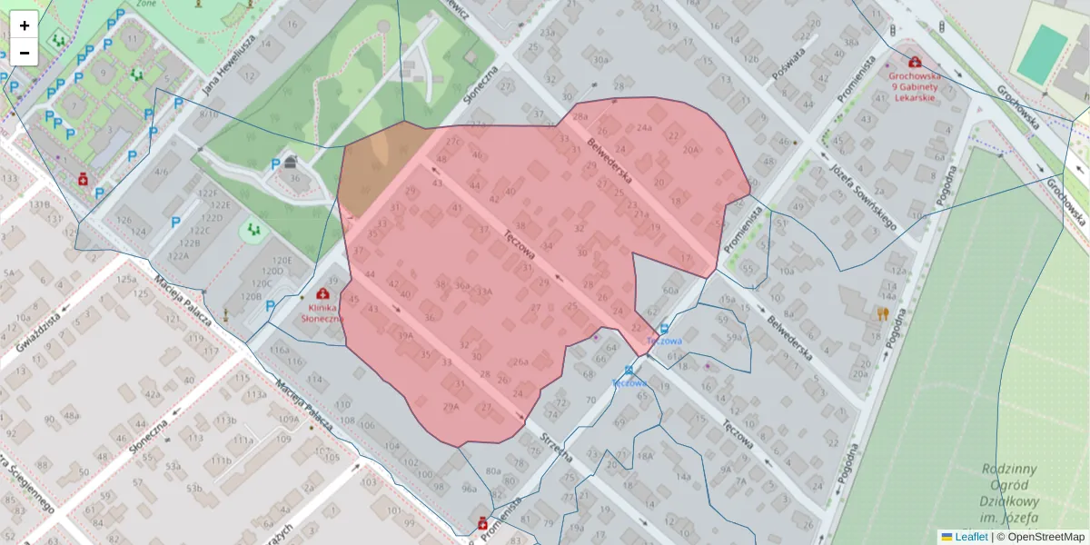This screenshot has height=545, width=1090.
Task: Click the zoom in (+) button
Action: pos(25,25)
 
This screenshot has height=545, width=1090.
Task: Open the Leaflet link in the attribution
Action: pos(971,537)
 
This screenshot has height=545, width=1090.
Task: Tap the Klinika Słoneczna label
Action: pos(322,312)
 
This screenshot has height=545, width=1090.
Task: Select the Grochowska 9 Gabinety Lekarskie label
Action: pos(915,87)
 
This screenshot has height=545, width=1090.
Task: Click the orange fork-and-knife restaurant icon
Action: pos(882,314)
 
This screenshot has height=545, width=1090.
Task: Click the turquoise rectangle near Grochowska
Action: pos(1042,54)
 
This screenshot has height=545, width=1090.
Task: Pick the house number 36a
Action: pos(462,285)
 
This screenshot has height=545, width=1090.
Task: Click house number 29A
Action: pos(451,406)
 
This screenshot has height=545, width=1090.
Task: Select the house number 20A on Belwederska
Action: pos(691,150)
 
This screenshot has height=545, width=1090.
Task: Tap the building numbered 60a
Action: pos(670,290)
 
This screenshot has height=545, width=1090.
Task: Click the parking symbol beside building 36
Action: pos(275,164)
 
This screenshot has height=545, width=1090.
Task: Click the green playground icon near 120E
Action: pos(253,231)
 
